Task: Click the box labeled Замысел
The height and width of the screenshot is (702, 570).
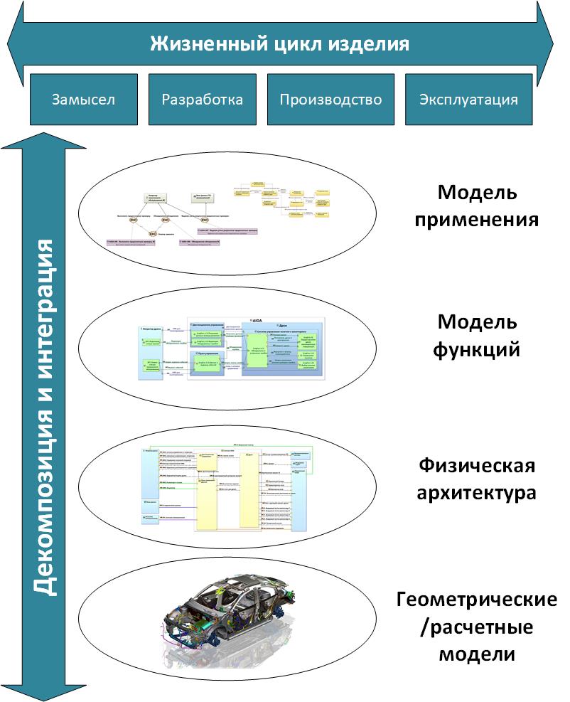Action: [83, 99]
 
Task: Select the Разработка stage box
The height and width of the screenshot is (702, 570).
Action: [203, 99]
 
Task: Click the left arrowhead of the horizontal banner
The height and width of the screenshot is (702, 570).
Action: [16, 43]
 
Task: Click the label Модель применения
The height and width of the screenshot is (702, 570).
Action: [487, 206]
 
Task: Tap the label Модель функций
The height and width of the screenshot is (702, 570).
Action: [478, 336]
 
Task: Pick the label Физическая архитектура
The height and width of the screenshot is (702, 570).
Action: [476, 479]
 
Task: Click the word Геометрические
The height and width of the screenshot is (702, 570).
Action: [476, 601]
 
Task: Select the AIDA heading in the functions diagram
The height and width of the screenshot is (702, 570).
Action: [257, 321]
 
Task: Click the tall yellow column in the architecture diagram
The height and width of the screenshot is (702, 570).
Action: [207, 491]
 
